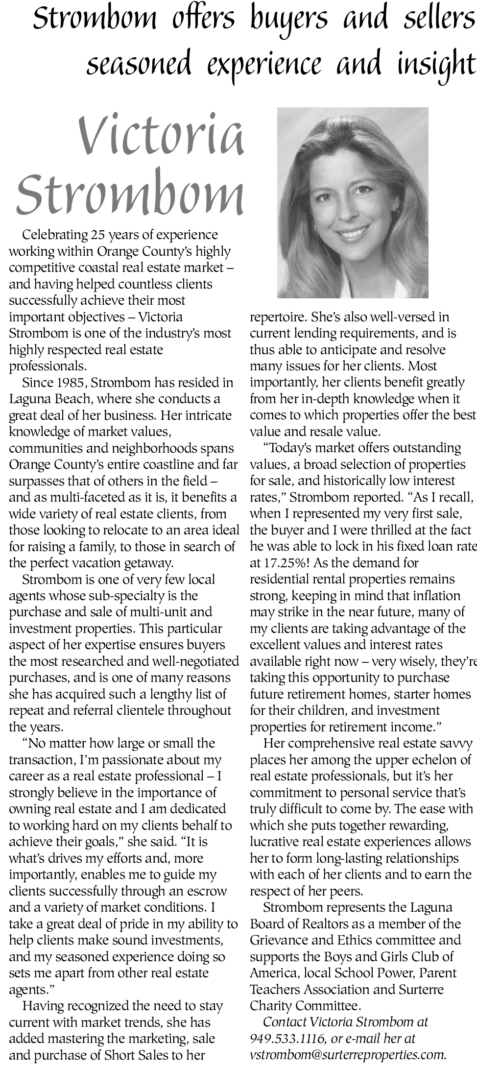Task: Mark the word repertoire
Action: (x=278, y=317)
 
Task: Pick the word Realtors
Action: (x=327, y=924)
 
